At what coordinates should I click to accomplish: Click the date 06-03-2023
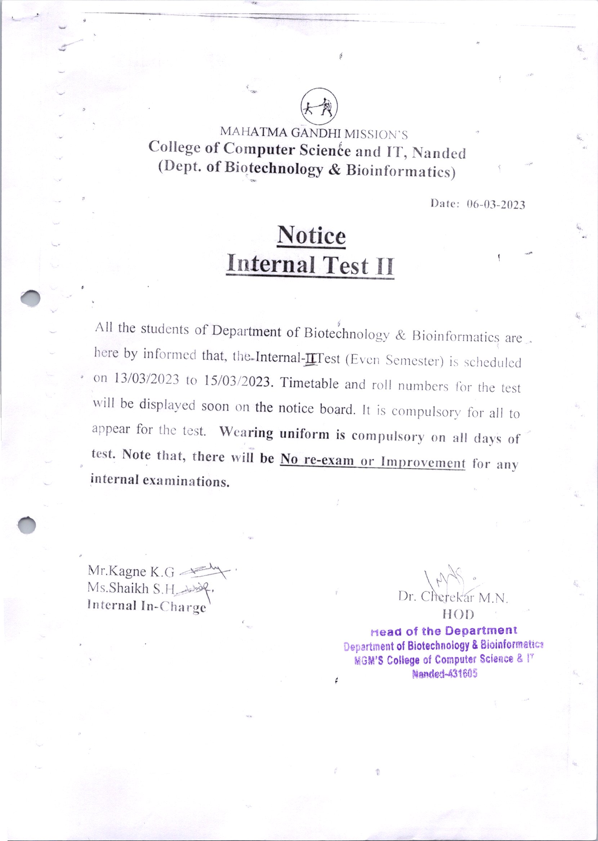pyautogui.click(x=496, y=205)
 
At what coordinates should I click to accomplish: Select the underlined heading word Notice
pyautogui.click(x=311, y=236)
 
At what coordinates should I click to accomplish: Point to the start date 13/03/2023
pyautogui.click(x=147, y=379)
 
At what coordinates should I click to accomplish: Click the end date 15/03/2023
pyautogui.click(x=236, y=381)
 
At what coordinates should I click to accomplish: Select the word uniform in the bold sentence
pyautogui.click(x=304, y=434)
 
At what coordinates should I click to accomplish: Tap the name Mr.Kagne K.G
pyautogui.click(x=131, y=571)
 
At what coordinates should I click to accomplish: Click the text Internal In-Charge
pyautogui.click(x=147, y=606)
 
